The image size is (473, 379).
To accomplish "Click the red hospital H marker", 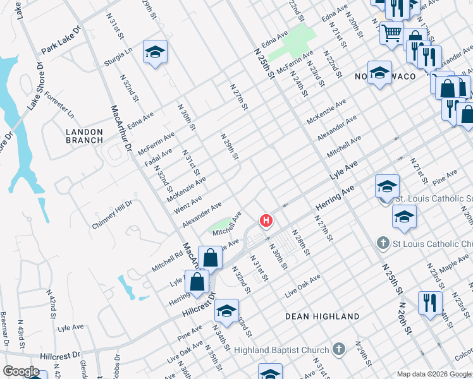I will (x=267, y=220).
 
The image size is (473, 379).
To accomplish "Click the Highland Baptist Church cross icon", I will (x=339, y=349).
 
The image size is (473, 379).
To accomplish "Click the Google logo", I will (x=21, y=371).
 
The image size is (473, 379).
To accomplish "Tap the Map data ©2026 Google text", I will (x=434, y=374).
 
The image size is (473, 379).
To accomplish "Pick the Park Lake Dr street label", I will (x=61, y=39).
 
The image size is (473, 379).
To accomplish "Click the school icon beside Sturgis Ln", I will (x=154, y=53).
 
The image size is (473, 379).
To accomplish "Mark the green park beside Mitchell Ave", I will (x=219, y=224).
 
